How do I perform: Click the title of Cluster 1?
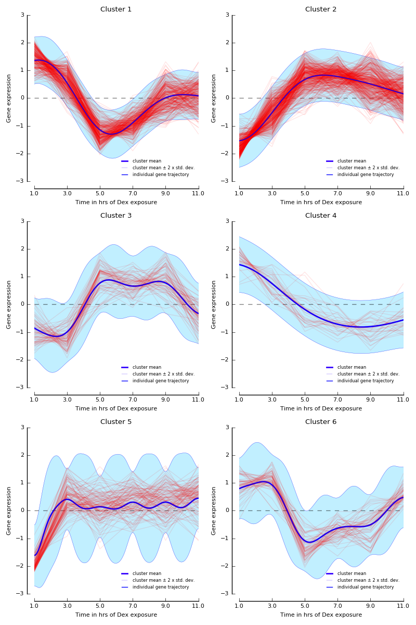(x=116, y=9)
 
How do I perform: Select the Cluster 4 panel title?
(x=321, y=216)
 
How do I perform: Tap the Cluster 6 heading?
(x=321, y=422)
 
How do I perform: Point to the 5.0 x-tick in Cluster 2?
(x=305, y=193)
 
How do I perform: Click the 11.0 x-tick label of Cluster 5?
(x=198, y=606)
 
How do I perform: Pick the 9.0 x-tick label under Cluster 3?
(x=165, y=399)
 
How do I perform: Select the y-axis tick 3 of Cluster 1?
(x=22, y=15)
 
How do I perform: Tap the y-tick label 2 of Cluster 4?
(x=227, y=249)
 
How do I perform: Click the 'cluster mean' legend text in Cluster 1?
(x=147, y=161)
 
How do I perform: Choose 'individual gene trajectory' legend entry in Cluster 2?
(x=366, y=174)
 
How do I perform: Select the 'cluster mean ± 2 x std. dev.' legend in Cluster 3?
(x=163, y=374)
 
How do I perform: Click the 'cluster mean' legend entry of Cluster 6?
(x=352, y=573)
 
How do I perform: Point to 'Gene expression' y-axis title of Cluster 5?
(x=9, y=510)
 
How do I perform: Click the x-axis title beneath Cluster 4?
(x=321, y=409)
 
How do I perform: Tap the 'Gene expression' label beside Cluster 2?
(x=214, y=98)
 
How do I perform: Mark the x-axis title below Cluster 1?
(x=116, y=203)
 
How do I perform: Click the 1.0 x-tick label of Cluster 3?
(x=34, y=399)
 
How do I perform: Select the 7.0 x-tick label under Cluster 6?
(x=337, y=606)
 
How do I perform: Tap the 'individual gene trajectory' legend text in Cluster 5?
(x=161, y=587)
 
